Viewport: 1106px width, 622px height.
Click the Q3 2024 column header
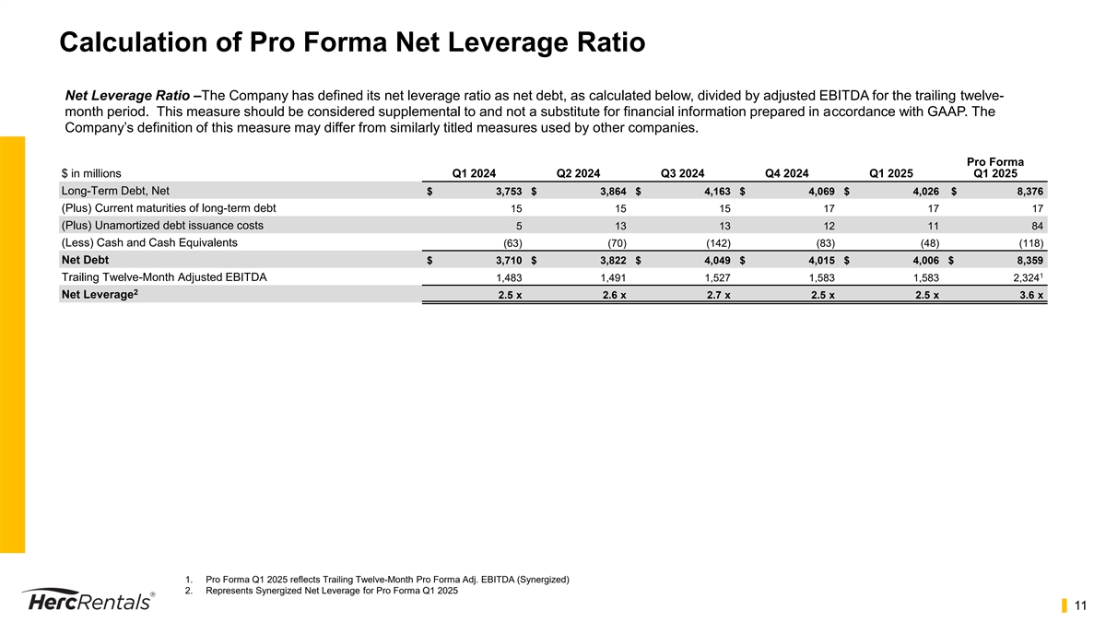[x=683, y=171]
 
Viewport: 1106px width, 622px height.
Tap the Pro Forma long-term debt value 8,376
[x=1028, y=192]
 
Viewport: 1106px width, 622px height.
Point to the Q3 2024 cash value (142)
[x=715, y=243]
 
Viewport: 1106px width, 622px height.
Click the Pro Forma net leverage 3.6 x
[x=1030, y=296]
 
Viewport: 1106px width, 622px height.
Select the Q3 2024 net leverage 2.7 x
[x=716, y=296]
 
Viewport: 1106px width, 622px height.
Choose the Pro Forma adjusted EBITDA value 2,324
[x=1024, y=278]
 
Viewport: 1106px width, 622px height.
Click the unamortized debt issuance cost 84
[x=1037, y=227]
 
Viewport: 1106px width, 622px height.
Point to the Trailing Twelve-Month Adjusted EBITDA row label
[x=164, y=277]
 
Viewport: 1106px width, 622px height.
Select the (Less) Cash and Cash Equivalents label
[x=148, y=242]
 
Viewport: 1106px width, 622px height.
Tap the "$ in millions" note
[x=90, y=172]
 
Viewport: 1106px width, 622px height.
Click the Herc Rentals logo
[x=88, y=599]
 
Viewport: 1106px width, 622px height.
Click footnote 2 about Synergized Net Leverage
[x=331, y=592]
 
